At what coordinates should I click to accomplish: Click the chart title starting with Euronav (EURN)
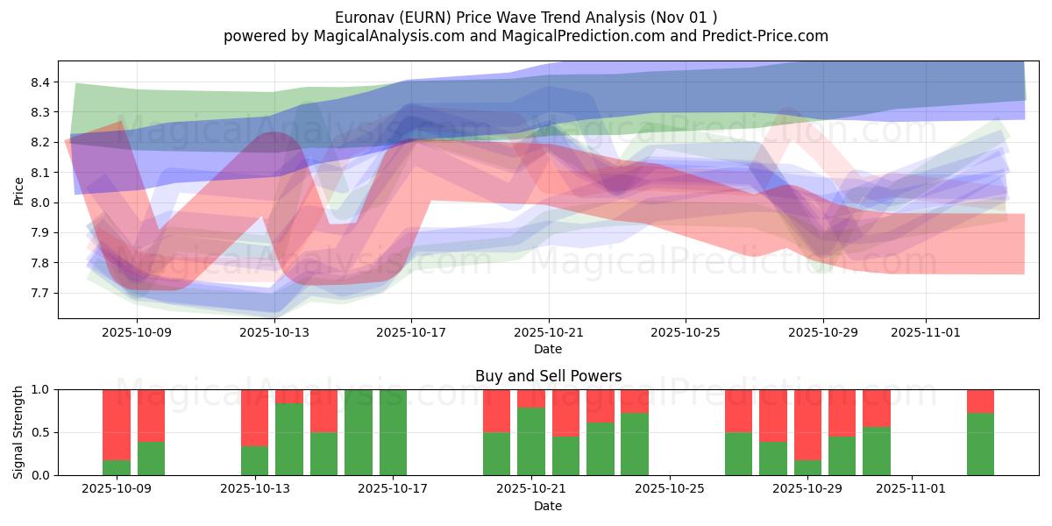point(525,17)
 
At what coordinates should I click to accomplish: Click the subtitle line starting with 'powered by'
point(525,36)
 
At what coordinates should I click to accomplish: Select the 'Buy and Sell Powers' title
point(548,376)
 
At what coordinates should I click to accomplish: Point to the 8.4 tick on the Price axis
point(42,82)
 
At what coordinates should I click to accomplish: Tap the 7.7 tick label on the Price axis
point(42,293)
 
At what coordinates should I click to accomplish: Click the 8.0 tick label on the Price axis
point(42,203)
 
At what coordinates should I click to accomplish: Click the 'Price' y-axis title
point(19,189)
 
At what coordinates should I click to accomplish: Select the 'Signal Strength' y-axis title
point(19,432)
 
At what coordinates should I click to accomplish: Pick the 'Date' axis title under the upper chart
point(548,349)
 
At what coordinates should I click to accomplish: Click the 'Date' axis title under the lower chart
point(548,506)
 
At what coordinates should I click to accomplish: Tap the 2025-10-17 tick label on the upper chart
point(412,332)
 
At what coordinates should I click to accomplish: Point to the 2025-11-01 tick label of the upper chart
point(926,332)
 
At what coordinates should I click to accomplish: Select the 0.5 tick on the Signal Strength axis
point(42,432)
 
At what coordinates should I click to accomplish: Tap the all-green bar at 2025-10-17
point(393,432)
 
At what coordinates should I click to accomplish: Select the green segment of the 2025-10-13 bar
point(254,460)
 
